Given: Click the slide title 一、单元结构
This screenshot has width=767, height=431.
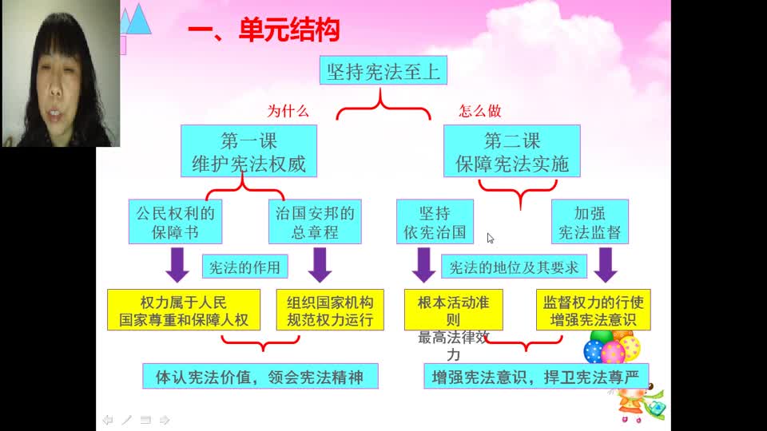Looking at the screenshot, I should [x=264, y=31].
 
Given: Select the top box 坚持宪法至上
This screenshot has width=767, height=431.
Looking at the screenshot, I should [x=383, y=71].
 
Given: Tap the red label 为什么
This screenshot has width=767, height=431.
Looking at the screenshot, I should [x=288, y=111].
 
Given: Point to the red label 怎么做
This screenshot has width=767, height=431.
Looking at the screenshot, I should [x=479, y=111].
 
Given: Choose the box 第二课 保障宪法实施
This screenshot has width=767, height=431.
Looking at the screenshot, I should [x=512, y=152].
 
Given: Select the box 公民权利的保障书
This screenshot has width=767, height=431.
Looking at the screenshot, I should [x=176, y=222].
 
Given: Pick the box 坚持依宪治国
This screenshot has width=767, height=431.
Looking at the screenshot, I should [x=435, y=222].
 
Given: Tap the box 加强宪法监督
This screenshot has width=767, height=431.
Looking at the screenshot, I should [x=590, y=222].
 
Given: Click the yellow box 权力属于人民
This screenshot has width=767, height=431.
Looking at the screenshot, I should [x=184, y=310].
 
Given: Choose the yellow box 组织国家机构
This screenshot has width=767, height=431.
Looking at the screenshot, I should [x=330, y=310].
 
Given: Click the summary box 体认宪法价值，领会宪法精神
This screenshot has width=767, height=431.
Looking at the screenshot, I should [x=260, y=376].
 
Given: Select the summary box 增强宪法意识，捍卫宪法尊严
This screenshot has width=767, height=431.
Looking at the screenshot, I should [x=535, y=375].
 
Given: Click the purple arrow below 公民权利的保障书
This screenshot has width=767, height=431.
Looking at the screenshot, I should [x=177, y=265].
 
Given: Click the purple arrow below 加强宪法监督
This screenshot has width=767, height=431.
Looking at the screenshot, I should [x=605, y=265].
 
